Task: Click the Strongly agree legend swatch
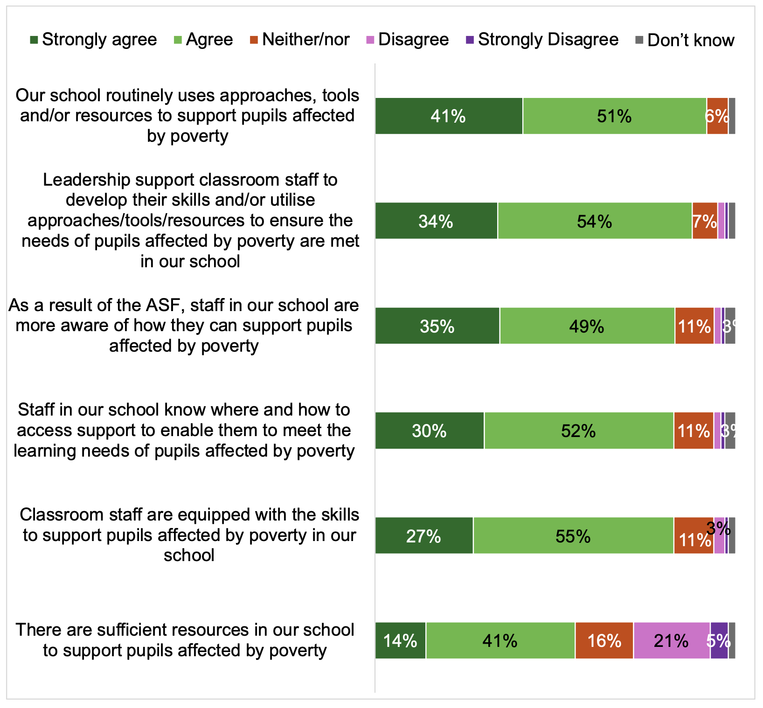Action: coord(34,40)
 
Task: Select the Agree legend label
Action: coord(209,40)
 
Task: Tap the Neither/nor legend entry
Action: coord(305,40)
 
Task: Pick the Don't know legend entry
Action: coord(690,41)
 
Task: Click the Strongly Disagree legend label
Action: coord(548,40)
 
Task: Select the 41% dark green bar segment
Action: coord(449,116)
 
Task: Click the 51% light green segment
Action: coord(614,116)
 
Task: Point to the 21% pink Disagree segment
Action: coord(671,641)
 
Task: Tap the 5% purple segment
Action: coord(719,641)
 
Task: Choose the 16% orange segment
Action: coord(604,641)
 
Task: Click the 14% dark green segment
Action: coord(400,641)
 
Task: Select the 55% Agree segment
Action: coord(573,536)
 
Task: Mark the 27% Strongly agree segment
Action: coord(424,536)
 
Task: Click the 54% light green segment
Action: coord(594,221)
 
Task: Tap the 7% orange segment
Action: coord(704,221)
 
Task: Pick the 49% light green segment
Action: coord(587,326)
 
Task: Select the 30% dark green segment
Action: coord(429,431)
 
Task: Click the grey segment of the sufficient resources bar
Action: coord(732,641)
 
